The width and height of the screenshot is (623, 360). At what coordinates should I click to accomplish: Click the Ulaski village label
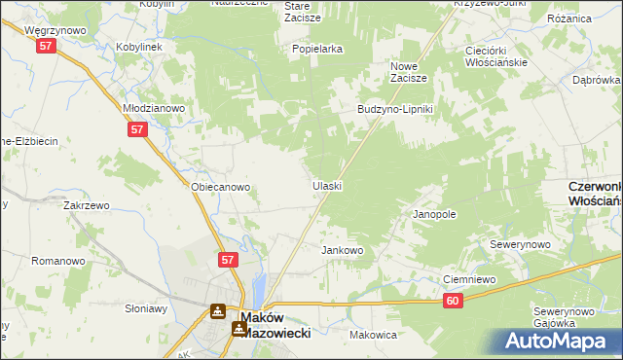pos(327,185)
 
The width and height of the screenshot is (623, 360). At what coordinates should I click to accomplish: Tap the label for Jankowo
pos(343,250)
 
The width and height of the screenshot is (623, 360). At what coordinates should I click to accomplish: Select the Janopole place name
pos(434,213)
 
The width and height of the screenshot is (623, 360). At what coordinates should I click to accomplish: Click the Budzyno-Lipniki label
pos(400,109)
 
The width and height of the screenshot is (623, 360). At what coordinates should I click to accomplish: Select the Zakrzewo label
pos(86,206)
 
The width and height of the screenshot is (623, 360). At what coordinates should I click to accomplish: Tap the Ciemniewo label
pos(470,279)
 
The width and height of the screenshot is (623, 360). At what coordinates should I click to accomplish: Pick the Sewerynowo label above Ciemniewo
pos(521,244)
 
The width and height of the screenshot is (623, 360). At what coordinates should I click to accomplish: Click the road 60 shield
pos(455,302)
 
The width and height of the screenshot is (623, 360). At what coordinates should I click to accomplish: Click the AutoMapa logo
pos(558,340)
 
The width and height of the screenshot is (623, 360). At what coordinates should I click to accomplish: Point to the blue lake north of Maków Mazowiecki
pos(259,288)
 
